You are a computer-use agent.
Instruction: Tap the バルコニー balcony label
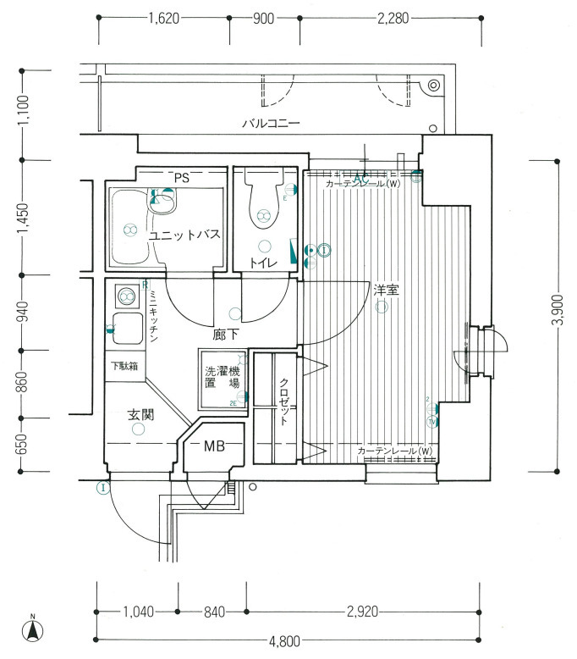(x=271, y=124)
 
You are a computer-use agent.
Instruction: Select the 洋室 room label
(x=387, y=291)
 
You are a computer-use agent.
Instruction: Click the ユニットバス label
(x=185, y=235)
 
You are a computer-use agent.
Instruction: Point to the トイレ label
(x=264, y=263)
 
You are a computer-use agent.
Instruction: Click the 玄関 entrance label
(x=141, y=415)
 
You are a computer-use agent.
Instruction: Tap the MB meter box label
(x=214, y=446)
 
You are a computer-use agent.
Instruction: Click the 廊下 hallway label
(x=225, y=335)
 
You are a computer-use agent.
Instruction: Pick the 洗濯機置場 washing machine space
(x=222, y=378)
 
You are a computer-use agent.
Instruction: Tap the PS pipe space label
(x=181, y=177)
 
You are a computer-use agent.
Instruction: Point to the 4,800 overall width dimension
(x=284, y=641)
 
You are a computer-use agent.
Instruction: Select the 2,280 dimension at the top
(x=392, y=17)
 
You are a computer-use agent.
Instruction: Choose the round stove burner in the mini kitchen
(x=127, y=296)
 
